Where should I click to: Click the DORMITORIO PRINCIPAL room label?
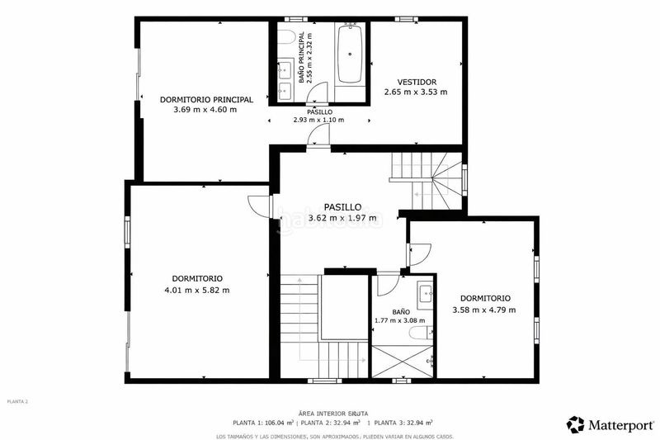pos(205,99)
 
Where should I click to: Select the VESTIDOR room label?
pos(416,82)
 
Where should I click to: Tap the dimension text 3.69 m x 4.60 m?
pos(205,109)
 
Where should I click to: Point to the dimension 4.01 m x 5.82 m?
pos(197,290)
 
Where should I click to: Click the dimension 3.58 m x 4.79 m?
pos(484,310)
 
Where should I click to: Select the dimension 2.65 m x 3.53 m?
pos(416,92)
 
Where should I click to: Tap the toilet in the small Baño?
pos(418,332)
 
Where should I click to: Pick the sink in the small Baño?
pos(426,291)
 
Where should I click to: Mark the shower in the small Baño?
pos(402,361)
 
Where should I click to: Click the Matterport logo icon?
pos(575,424)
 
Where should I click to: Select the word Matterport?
pos(619,424)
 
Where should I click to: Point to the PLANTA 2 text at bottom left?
pos(17,401)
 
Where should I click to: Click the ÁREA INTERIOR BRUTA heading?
pos(334,412)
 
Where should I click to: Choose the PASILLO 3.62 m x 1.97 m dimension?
pos(342,218)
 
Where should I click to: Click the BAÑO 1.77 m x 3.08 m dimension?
pos(400,320)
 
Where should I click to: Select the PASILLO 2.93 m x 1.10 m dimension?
pos(318,120)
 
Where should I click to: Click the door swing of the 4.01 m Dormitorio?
pos(260,206)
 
